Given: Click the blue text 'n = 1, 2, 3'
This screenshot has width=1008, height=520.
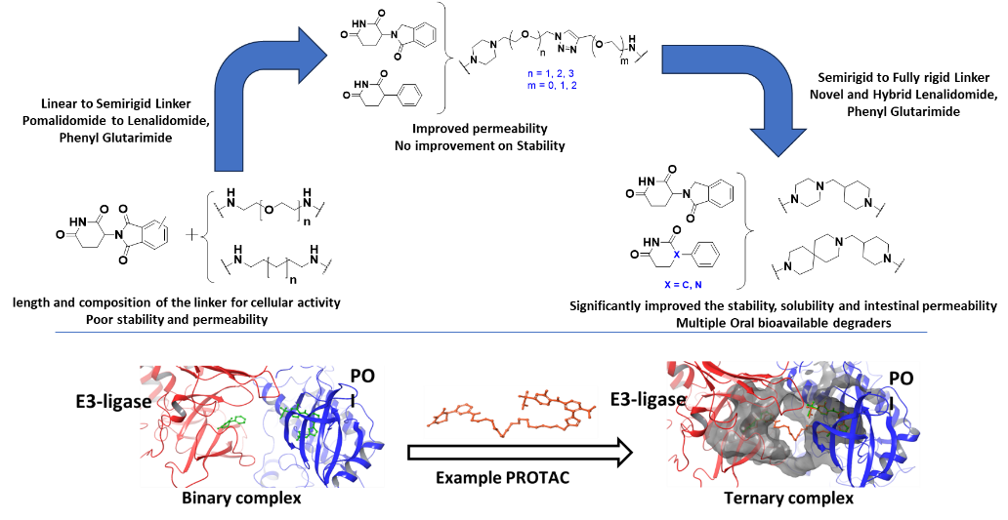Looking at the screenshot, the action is pos(552,74).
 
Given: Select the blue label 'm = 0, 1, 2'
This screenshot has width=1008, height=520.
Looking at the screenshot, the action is pos(552,85).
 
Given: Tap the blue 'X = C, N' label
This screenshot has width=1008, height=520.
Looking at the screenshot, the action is pos(684,284).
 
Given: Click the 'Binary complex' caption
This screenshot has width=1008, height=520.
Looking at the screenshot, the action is pos(241,499).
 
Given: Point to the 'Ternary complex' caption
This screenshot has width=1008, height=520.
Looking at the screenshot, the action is pos(789,499).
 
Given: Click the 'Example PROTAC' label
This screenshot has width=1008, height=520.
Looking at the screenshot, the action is pos(503,478).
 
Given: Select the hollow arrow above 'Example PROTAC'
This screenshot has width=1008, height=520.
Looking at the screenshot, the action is pos(520,453).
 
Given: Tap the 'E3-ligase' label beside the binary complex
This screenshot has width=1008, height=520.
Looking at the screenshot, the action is pos(112,402).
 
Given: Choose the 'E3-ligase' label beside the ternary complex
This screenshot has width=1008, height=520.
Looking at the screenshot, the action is pos(648,399).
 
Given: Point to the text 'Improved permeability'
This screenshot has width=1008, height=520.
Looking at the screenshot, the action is pos(481,129).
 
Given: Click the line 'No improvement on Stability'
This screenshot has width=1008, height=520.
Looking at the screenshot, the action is pos(480,145).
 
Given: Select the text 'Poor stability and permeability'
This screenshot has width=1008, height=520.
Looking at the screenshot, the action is pos(176,319).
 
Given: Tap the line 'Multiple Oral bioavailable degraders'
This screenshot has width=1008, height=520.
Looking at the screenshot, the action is pos(783,323).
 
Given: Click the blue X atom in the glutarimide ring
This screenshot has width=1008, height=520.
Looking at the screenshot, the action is pos(676,255).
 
